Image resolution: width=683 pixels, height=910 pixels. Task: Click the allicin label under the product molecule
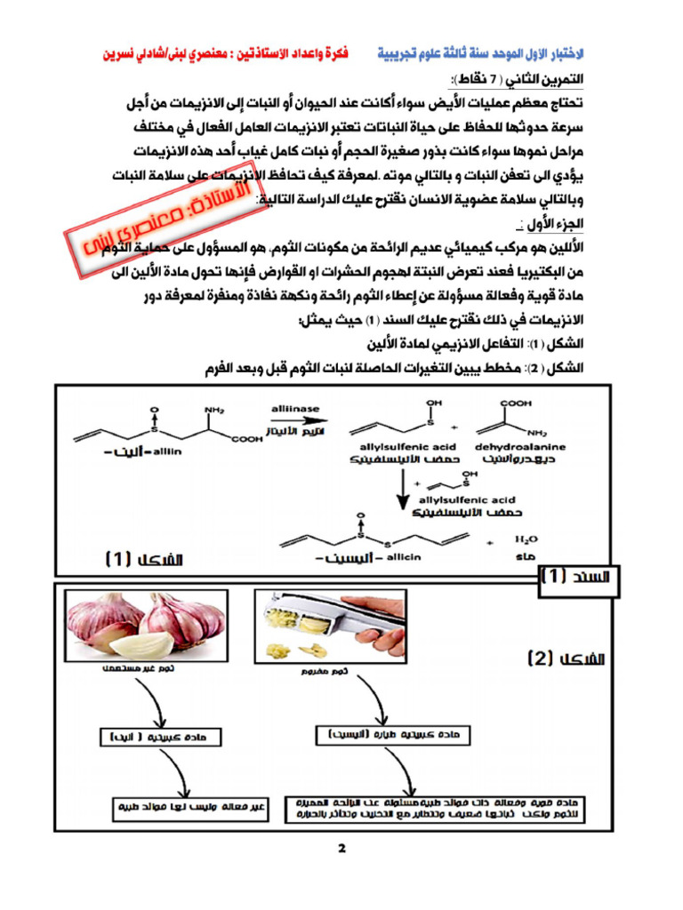point(405,556)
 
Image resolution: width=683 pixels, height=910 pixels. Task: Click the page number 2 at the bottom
point(341,847)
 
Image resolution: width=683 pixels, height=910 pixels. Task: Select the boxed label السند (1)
point(579,578)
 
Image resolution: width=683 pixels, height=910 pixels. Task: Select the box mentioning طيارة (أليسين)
point(388,735)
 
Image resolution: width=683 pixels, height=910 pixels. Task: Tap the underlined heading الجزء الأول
point(550,220)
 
